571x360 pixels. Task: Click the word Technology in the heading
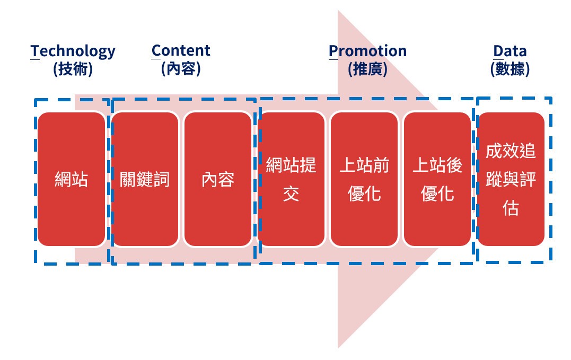point(73,51)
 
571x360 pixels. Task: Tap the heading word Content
point(181,50)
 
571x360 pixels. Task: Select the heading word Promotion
point(367,51)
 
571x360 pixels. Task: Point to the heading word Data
point(510,51)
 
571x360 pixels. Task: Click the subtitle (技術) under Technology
point(73,69)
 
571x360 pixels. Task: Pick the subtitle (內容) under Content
point(181,68)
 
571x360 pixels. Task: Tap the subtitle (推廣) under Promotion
point(367,69)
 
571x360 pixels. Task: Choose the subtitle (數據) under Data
point(510,69)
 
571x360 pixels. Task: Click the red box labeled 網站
point(72,179)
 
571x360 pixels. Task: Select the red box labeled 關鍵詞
point(145,179)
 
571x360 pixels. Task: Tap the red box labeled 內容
point(218,179)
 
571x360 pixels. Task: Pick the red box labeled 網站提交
point(291,179)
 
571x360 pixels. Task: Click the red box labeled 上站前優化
point(364,179)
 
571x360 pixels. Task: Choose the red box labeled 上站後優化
point(437,179)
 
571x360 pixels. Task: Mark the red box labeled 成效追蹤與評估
point(511,179)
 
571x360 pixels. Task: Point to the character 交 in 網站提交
point(291,194)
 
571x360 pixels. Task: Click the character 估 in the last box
point(511,208)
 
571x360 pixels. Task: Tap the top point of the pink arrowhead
point(338,10)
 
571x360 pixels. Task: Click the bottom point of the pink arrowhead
point(338,348)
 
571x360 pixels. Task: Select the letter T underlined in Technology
point(35,51)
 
